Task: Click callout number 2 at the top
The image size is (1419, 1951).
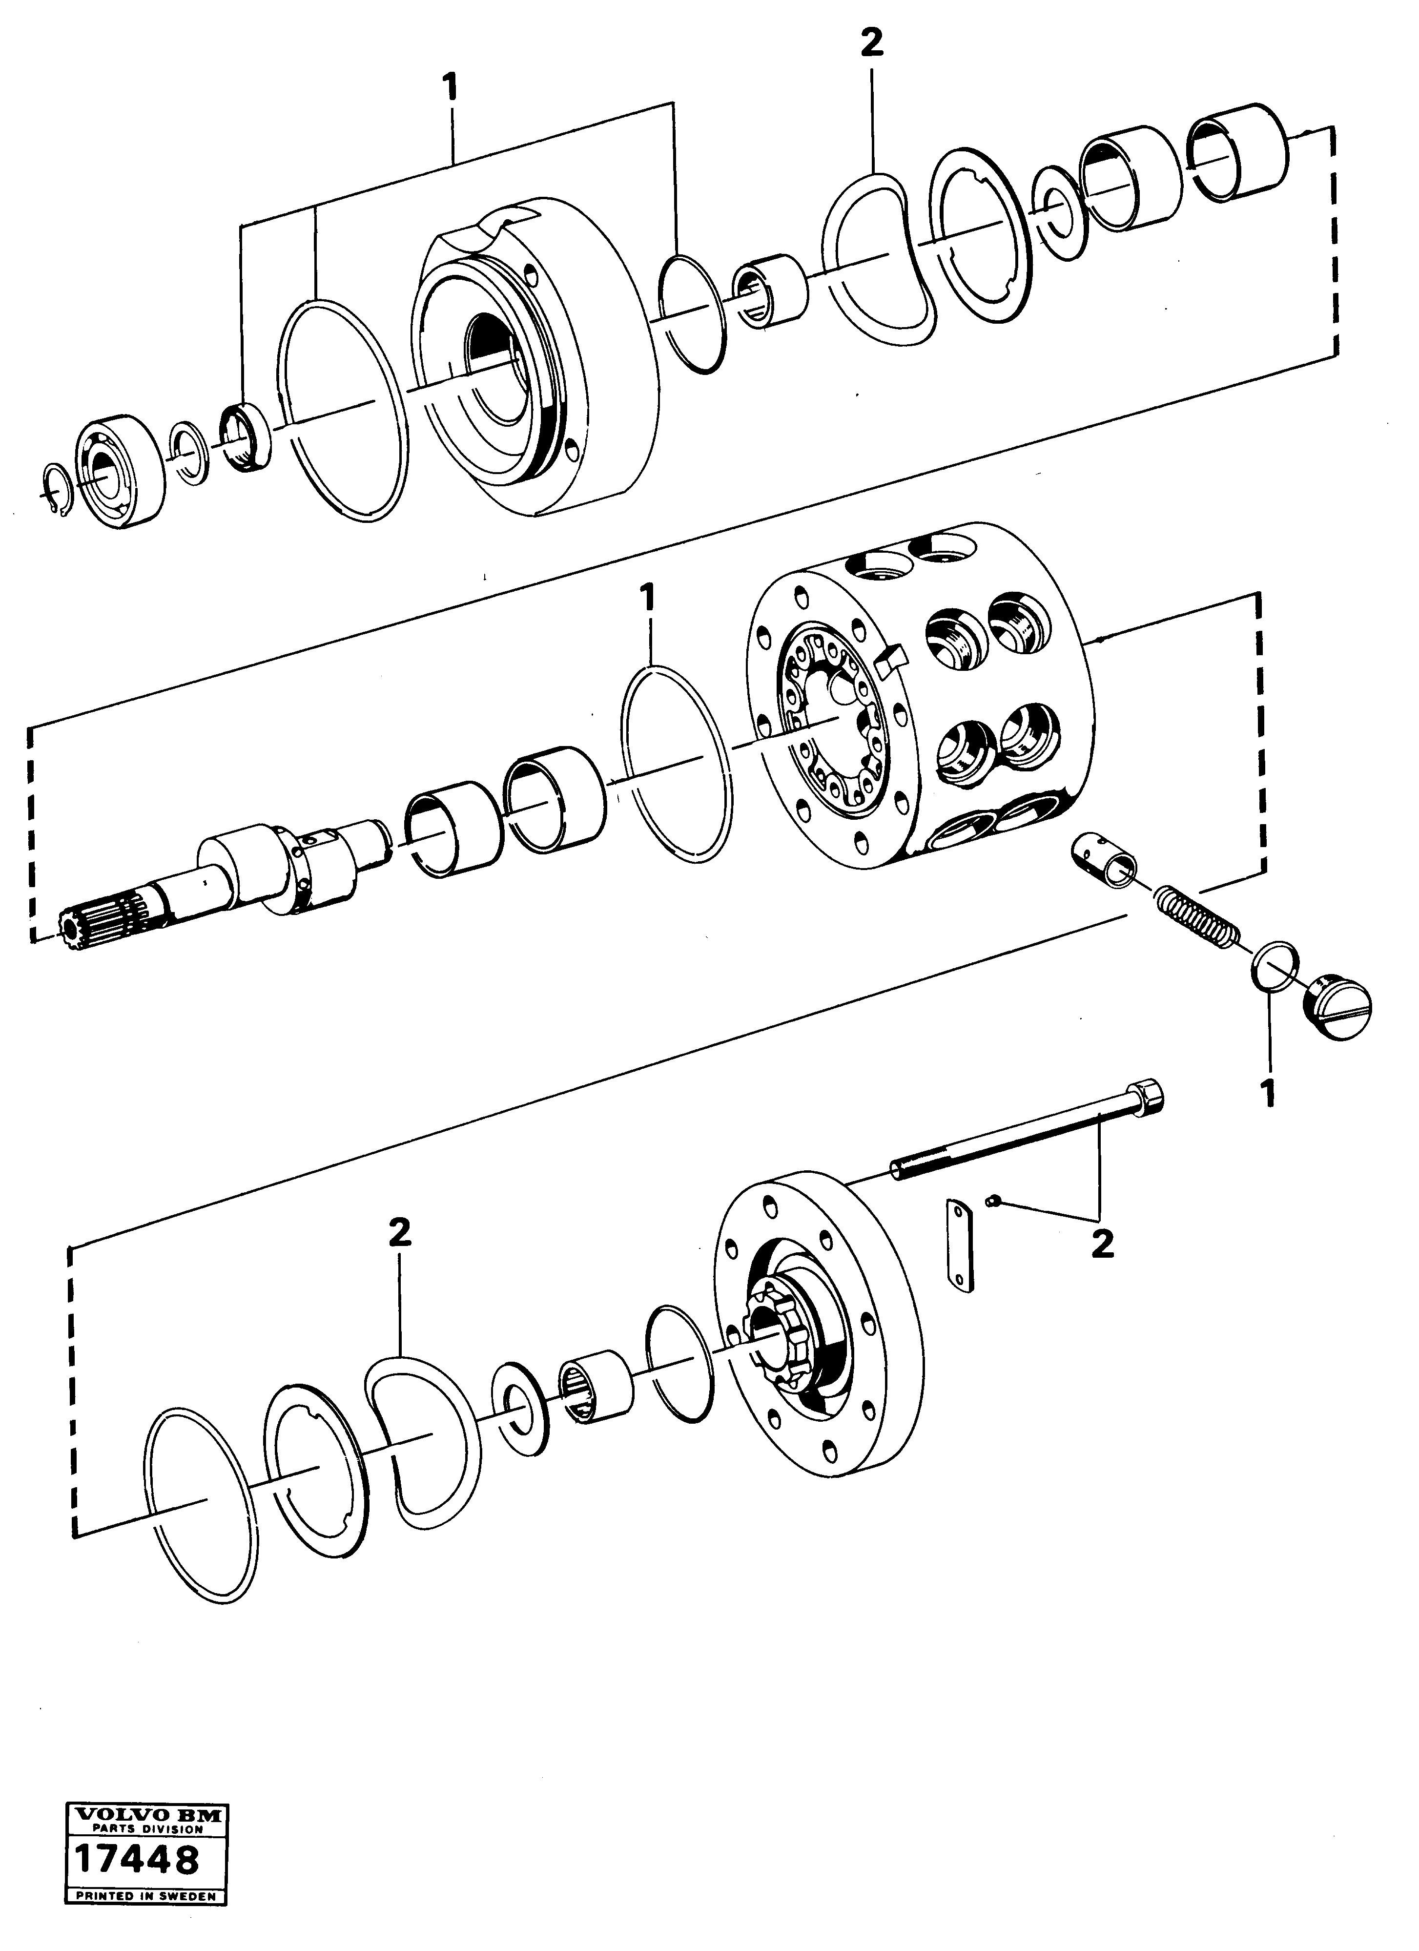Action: pos(871,43)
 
